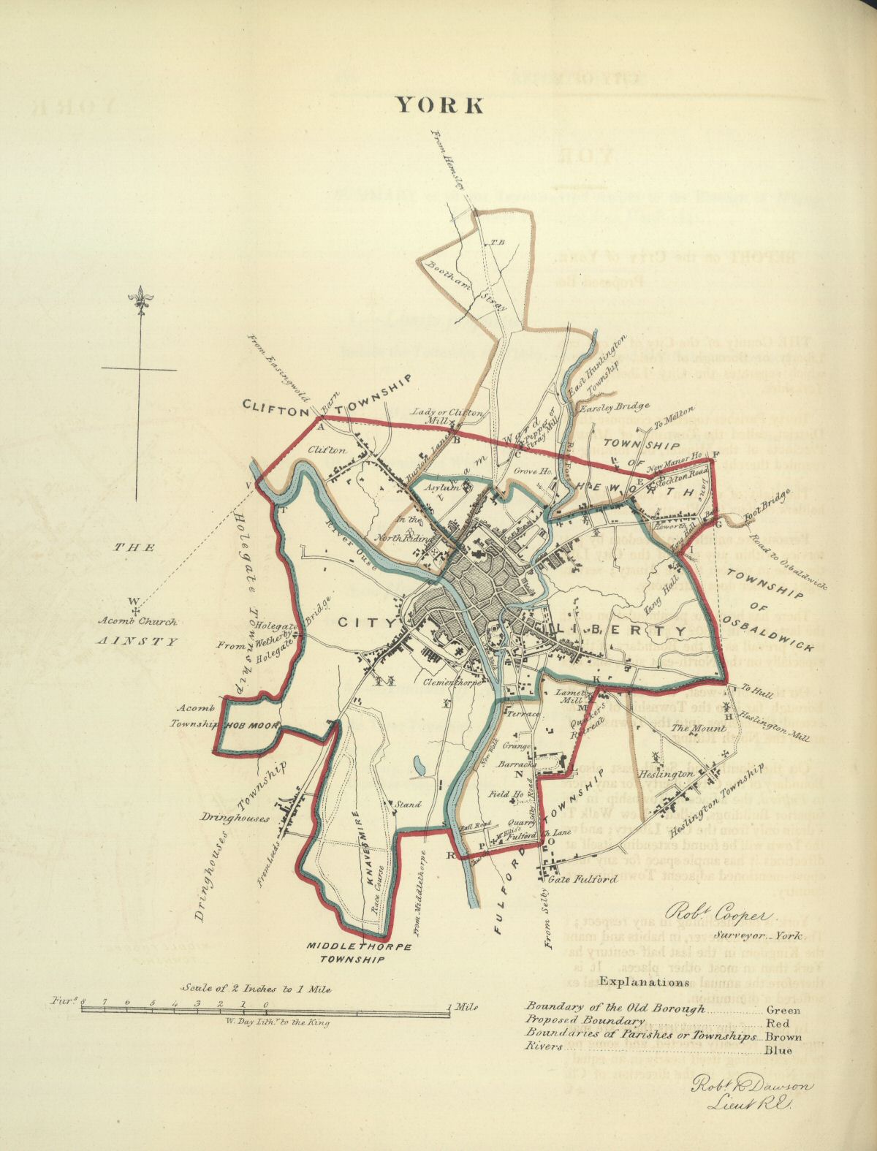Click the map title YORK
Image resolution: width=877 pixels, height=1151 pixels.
point(439,105)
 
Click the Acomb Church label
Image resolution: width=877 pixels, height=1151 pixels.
point(140,623)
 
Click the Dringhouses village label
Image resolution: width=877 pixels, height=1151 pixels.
point(235,818)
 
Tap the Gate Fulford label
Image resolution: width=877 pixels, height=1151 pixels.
point(588,878)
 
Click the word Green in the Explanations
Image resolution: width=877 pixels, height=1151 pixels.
point(783,1010)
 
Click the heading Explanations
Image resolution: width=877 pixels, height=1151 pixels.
point(643,982)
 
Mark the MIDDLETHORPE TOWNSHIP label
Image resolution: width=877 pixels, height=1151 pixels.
point(359,953)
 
